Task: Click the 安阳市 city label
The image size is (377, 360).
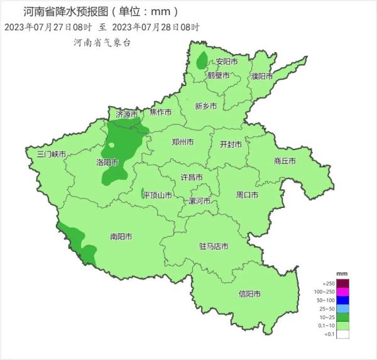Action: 227,62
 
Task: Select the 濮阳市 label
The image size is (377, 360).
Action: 261,76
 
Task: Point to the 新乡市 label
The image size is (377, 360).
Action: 205,106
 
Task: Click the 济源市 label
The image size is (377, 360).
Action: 122,114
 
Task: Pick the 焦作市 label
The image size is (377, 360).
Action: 160,112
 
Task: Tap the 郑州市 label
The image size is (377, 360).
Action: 183,142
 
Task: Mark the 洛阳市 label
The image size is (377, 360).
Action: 107,162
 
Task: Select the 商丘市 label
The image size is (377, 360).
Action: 285,161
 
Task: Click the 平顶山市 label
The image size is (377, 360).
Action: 157,195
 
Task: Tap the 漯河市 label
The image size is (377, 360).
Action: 200,201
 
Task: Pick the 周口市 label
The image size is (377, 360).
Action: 247,195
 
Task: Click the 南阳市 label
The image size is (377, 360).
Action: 121,237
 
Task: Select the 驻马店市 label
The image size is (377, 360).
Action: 213,246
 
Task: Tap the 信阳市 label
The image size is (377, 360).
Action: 249,294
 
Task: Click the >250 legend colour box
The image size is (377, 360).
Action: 342,283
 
